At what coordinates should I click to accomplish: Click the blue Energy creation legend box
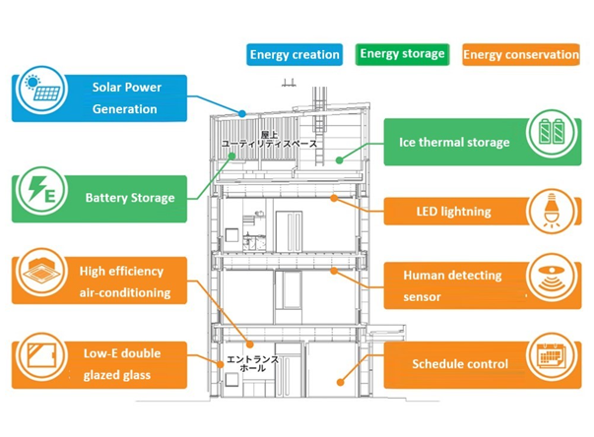tap(295, 54)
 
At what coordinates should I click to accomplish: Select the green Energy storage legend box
tap(402, 54)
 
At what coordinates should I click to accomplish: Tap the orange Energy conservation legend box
tap(521, 54)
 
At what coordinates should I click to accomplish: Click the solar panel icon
tap(42, 90)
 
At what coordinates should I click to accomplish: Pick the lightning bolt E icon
tap(42, 190)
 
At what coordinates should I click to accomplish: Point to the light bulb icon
tap(553, 212)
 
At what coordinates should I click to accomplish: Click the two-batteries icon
tap(553, 133)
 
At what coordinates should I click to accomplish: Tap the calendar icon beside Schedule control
tap(553, 356)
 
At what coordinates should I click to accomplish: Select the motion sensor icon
tap(553, 279)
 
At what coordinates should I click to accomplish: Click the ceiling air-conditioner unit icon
tap(42, 272)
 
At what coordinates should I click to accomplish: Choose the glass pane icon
tap(42, 356)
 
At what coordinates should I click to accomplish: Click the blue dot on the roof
tap(242, 113)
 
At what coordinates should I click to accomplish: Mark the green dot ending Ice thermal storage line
tap(340, 160)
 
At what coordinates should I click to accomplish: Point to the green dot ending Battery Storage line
tap(231, 156)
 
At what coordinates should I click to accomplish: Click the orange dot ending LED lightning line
tap(334, 198)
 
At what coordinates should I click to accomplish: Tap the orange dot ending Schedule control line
tap(340, 383)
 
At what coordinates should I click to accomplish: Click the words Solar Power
tap(127, 88)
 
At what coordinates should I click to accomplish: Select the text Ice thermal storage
tap(454, 143)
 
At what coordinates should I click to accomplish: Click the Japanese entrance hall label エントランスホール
tap(252, 363)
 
